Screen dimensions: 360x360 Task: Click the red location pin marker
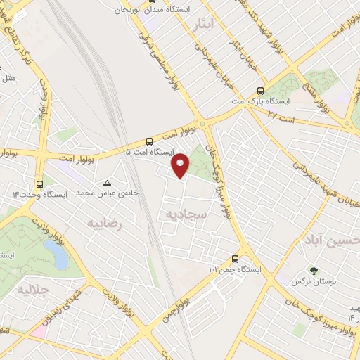click(x=181, y=165)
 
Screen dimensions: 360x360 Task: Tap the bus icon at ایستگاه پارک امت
click(x=261, y=91)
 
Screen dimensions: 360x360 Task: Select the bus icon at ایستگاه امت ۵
click(x=149, y=141)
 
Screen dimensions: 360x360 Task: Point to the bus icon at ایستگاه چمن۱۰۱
click(x=235, y=259)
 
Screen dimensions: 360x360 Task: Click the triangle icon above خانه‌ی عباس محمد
click(x=107, y=183)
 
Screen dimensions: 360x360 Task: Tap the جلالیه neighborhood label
click(x=31, y=290)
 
